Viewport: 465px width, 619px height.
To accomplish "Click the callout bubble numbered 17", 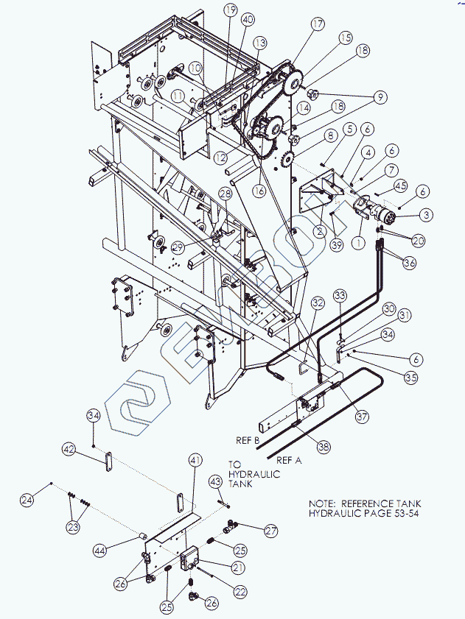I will pyautogui.click(x=318, y=24).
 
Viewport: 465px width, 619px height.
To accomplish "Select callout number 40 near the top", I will pyautogui.click(x=248, y=18).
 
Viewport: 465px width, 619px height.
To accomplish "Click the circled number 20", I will pyautogui.click(x=419, y=240).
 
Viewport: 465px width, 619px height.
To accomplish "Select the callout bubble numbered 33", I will pyautogui.click(x=340, y=294).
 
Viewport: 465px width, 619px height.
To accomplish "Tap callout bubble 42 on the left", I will pyautogui.click(x=69, y=448).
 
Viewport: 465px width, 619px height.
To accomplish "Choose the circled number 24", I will pyautogui.click(x=27, y=500).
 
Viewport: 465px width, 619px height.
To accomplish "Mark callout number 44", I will pyautogui.click(x=100, y=549).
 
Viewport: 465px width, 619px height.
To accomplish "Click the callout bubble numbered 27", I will pyautogui.click(x=271, y=531).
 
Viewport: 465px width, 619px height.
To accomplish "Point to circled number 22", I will pyautogui.click(x=240, y=591).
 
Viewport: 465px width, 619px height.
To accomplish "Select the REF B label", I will pyautogui.click(x=247, y=440).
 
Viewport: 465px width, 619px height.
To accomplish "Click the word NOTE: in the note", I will pyautogui.click(x=323, y=503).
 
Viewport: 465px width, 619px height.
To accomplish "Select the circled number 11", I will pyautogui.click(x=178, y=96).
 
